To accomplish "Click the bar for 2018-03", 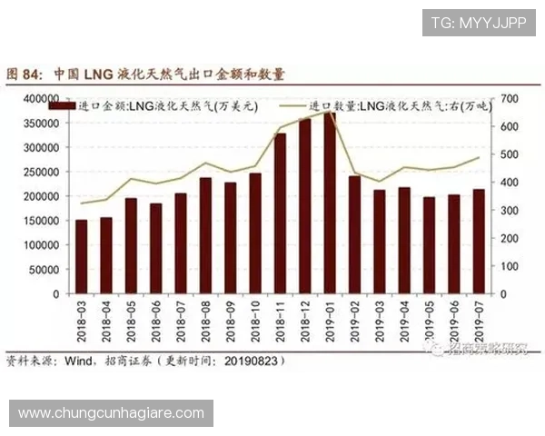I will (82, 257).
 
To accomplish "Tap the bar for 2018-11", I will (280, 214).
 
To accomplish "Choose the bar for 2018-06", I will (156, 249).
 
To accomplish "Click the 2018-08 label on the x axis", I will (204, 321).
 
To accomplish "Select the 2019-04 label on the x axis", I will (402, 321).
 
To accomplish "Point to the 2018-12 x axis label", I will (303, 321).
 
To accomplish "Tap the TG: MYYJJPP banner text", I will (478, 22).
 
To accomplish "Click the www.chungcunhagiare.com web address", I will (112, 413).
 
